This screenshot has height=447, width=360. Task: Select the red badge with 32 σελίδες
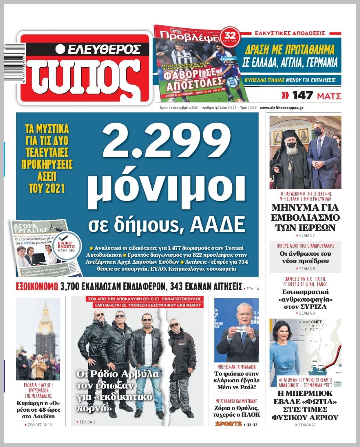232,37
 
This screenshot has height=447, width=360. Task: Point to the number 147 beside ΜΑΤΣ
302,96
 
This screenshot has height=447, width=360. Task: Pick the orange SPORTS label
228,424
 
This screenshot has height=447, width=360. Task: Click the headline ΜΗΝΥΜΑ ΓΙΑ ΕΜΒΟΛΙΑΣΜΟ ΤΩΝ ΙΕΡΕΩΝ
305,217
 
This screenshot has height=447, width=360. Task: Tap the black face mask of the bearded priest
291,145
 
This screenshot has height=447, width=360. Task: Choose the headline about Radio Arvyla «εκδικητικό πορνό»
118,391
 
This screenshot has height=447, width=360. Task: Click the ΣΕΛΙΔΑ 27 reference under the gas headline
305,425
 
